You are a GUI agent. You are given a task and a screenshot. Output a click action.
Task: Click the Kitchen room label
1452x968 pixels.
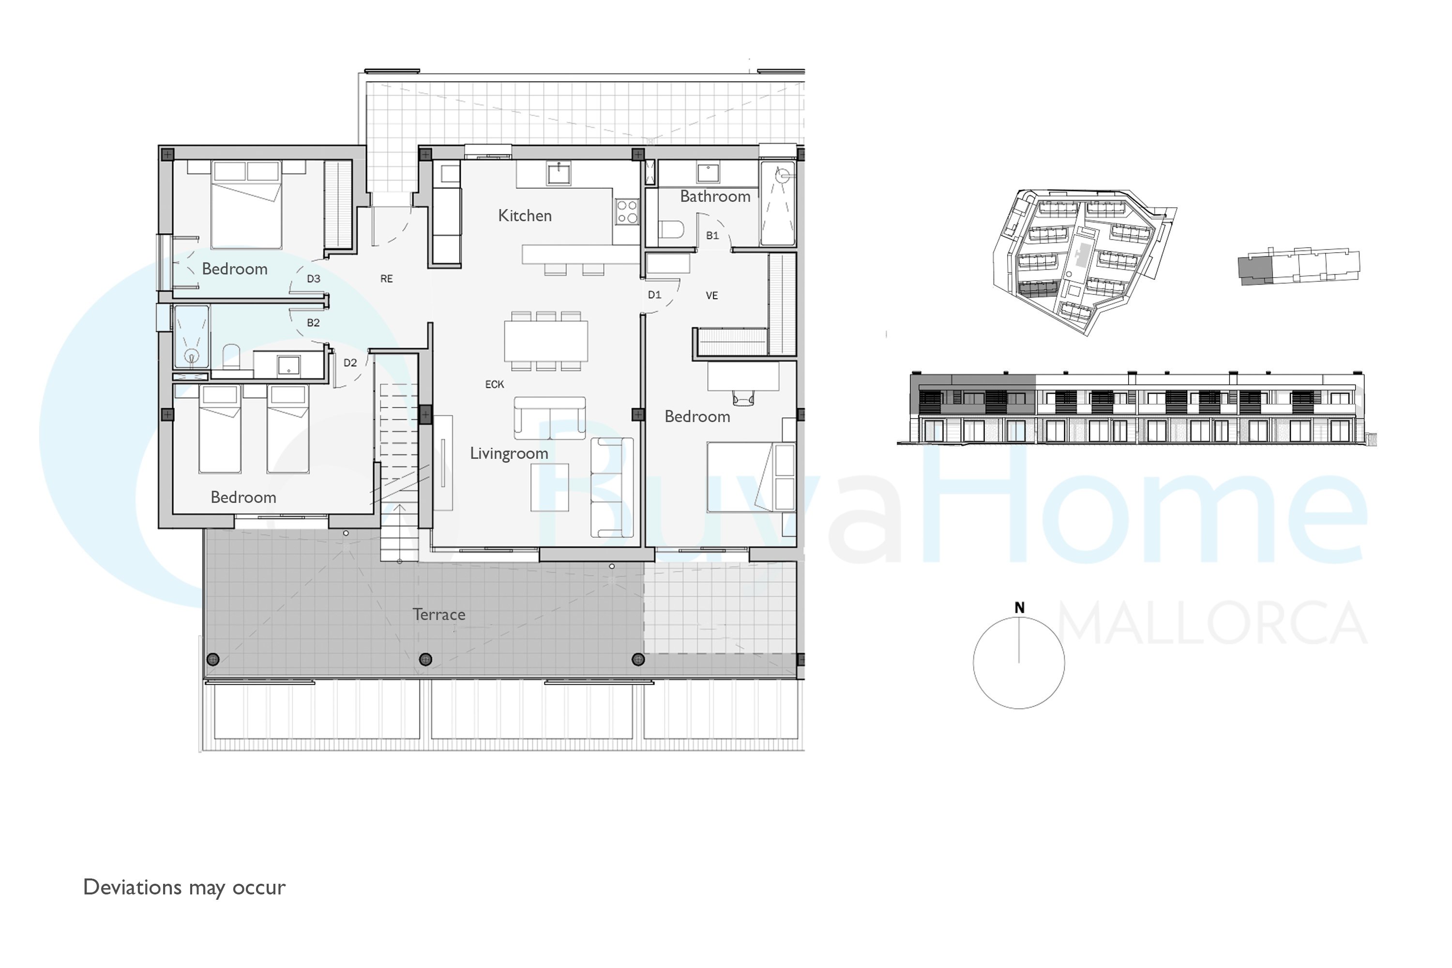pos(525,215)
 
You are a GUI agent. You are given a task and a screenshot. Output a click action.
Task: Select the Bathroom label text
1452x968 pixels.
pos(715,197)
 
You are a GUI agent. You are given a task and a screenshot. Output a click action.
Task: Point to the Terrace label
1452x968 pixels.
pos(439,614)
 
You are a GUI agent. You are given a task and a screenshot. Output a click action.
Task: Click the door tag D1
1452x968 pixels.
pos(654,295)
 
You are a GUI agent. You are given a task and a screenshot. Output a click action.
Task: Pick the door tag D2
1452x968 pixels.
pos(350,363)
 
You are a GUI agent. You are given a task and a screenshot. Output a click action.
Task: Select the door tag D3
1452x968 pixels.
pos(314,279)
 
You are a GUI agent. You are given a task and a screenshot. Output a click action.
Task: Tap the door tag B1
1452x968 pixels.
pos(712,236)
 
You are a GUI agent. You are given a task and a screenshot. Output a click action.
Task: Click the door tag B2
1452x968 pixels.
pos(313,323)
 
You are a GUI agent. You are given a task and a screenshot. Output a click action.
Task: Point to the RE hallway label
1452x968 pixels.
pos(386,279)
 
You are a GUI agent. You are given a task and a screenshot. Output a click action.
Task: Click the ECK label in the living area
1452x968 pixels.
pos(495,385)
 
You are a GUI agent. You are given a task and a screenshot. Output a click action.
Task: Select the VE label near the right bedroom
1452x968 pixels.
pos(712,296)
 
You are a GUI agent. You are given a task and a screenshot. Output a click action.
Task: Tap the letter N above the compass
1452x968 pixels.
pos(1019,608)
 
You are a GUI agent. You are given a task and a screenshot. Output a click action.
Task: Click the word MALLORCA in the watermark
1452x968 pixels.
pos(1212,623)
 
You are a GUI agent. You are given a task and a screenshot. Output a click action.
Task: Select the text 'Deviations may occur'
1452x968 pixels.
pos(184,888)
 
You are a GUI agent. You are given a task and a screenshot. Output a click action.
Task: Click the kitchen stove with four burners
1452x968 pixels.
pos(627,212)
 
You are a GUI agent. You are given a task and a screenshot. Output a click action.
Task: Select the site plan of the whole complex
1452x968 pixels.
pos(1084,261)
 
